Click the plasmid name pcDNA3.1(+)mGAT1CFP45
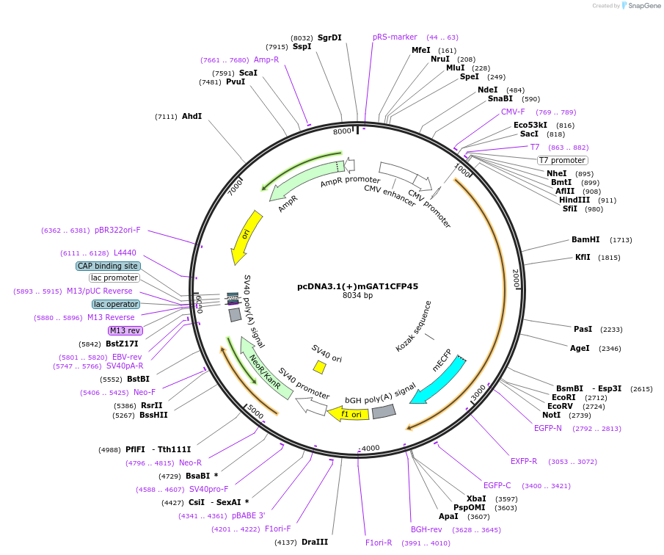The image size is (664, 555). click(357, 286)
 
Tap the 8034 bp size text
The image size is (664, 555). click(357, 296)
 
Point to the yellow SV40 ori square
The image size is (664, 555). click(319, 366)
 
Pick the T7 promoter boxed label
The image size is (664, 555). click(562, 160)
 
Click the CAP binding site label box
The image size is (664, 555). click(107, 266)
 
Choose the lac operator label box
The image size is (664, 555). click(116, 304)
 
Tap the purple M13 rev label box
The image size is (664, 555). click(125, 330)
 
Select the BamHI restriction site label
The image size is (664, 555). click(585, 239)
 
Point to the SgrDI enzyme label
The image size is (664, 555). click(329, 37)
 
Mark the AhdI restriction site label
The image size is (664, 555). click(191, 116)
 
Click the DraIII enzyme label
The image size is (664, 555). click(315, 542)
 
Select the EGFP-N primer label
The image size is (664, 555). click(547, 428)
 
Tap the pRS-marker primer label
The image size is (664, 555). click(395, 37)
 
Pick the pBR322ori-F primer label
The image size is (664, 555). click(117, 230)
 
